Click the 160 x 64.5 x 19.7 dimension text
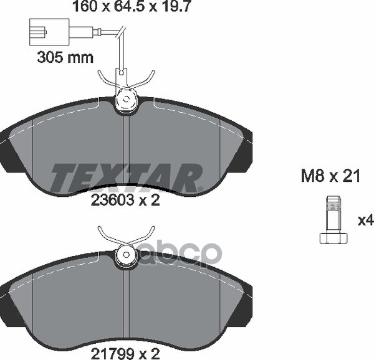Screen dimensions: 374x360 click(132, 6)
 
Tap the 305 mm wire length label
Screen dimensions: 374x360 click(65, 57)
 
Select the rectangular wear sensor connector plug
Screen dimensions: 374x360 click(49, 32)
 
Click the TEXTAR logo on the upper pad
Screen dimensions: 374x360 click(127, 178)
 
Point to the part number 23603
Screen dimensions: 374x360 click(112, 201)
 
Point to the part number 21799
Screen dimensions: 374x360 click(112, 354)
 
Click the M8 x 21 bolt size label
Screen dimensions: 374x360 click(330, 176)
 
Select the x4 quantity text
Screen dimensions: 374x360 click(366, 220)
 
